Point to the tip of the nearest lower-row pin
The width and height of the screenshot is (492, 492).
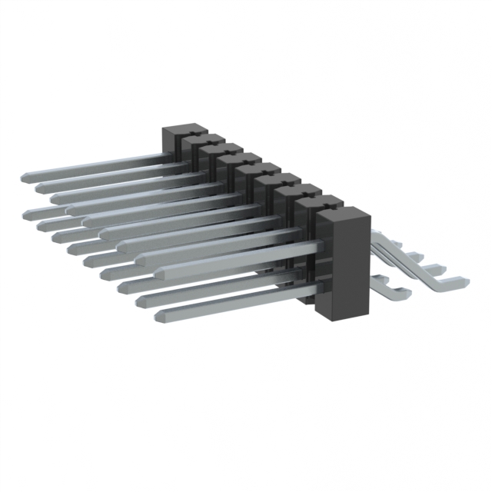click(x=159, y=315)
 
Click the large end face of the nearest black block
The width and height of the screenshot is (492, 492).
click(x=343, y=265)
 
